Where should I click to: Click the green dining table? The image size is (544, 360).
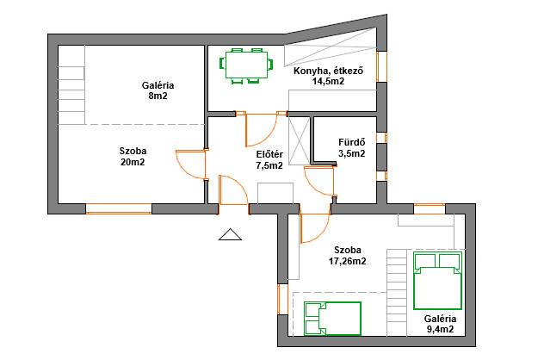pos(247,65)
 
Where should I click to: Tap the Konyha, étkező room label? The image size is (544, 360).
pos(328,71)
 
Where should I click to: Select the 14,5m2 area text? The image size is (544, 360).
pos(328,82)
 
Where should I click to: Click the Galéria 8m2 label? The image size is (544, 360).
pos(158,90)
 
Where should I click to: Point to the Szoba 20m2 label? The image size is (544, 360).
pos(133,156)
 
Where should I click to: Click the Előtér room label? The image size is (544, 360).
pos(269,154)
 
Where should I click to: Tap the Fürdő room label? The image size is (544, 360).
pos(352,142)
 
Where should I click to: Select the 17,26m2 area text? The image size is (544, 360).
pos(348,261)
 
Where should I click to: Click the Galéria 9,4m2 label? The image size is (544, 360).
pos(440,324)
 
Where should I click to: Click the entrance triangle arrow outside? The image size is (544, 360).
pos(230,234)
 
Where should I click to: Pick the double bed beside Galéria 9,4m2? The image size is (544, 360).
pos(438,281)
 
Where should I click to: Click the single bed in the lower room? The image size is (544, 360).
pos(333,319)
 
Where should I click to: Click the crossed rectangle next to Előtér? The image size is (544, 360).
pos(299,140)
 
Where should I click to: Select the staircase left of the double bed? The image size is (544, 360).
pos(397,293)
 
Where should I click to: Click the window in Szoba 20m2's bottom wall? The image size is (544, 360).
pos(119,208)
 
